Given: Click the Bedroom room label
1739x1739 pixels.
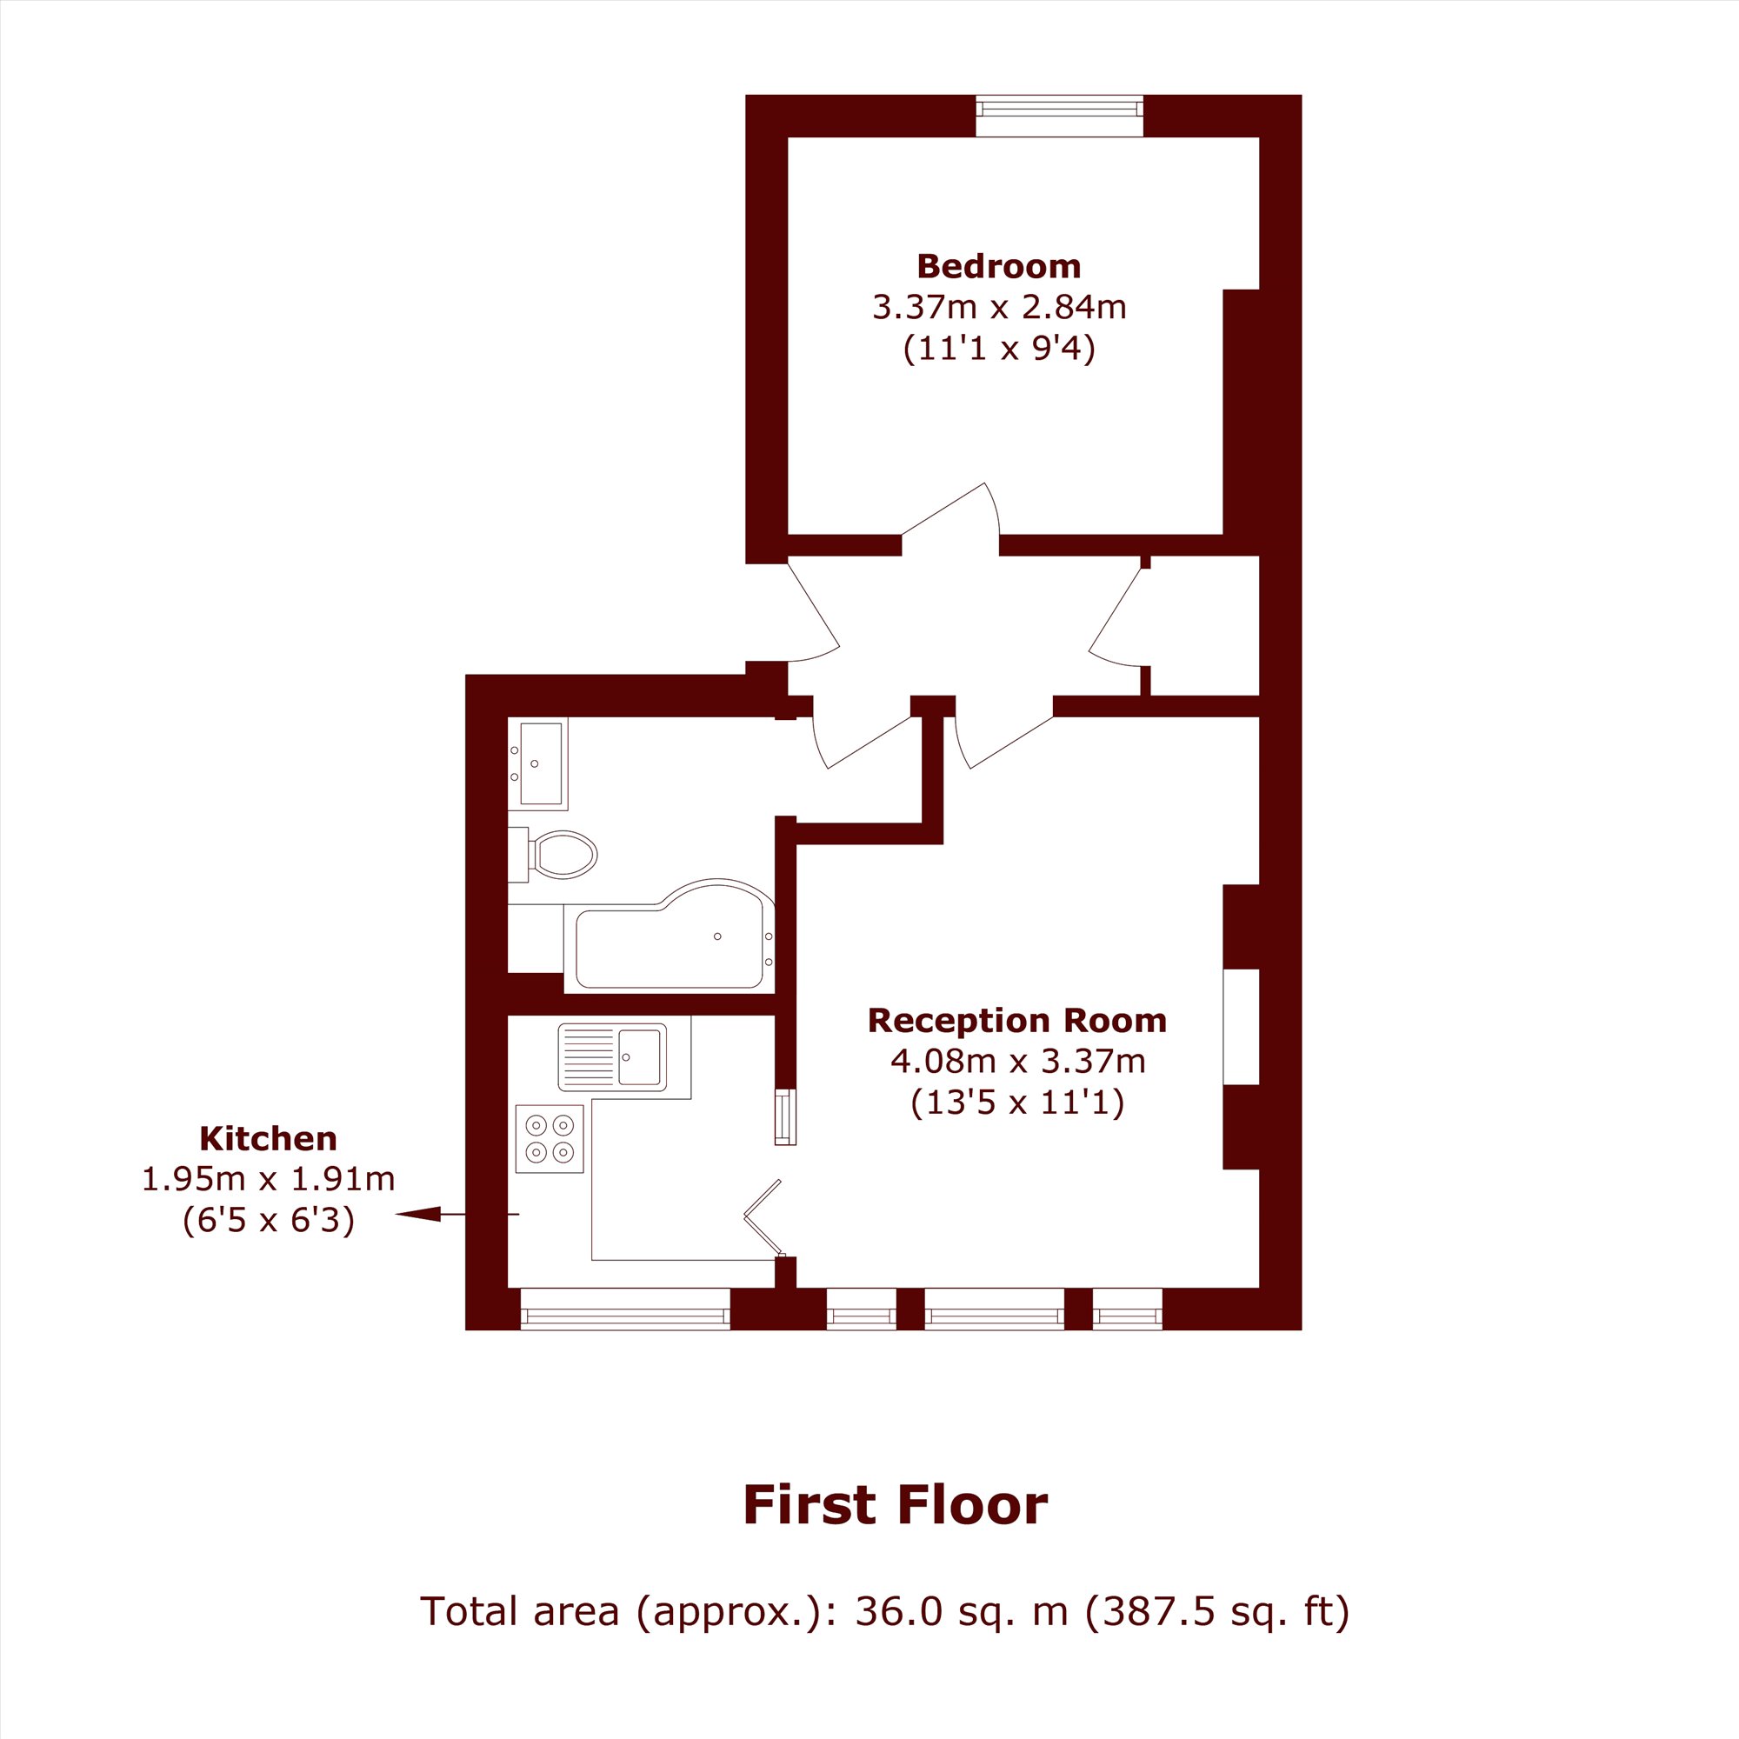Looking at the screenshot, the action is tap(998, 266).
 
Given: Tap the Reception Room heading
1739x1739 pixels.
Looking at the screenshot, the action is tap(1017, 1021).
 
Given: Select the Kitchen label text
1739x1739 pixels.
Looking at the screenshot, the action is tap(268, 1139).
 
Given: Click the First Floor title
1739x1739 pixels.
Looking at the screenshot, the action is tap(896, 1505).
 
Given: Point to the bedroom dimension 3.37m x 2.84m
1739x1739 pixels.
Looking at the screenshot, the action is tap(999, 308).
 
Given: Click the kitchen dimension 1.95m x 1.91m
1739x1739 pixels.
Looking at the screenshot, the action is tap(268, 1179).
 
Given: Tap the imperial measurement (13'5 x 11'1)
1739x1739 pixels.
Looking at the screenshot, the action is tap(1018, 1103).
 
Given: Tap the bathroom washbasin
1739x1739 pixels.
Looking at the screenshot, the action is tap(538, 764).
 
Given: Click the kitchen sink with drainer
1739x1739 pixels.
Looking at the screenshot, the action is tap(612, 1056).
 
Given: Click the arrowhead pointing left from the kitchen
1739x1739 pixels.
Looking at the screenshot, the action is tap(418, 1214).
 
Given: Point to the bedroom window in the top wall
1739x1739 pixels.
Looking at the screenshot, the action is tap(1060, 116).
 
